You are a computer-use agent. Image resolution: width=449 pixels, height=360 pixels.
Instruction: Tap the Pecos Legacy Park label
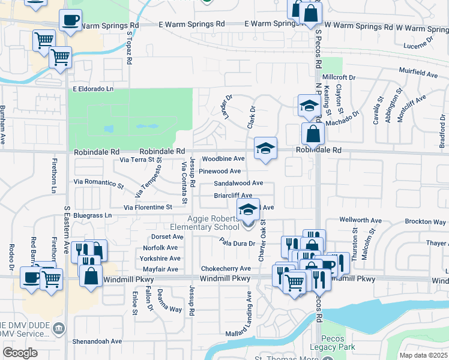pyautogui.click(x=333, y=341)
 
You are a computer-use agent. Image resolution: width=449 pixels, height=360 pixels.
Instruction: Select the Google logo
pyautogui.click(x=20, y=353)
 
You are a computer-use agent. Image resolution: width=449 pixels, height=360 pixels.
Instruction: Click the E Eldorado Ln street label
pyautogui.click(x=93, y=89)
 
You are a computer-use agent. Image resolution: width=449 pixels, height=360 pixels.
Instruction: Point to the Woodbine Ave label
pyautogui.click(x=223, y=159)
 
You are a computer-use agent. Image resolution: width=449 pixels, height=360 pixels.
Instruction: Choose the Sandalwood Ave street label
pyautogui.click(x=238, y=183)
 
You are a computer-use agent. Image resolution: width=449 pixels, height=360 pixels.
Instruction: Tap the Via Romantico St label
pyautogui.click(x=98, y=181)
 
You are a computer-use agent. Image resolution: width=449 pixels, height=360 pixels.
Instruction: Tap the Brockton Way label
pyautogui.click(x=425, y=221)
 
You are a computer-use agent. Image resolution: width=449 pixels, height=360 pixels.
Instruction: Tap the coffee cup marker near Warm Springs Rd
pyautogui.click(x=70, y=20)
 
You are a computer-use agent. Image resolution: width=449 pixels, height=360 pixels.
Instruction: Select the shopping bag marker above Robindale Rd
pyautogui.click(x=313, y=133)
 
